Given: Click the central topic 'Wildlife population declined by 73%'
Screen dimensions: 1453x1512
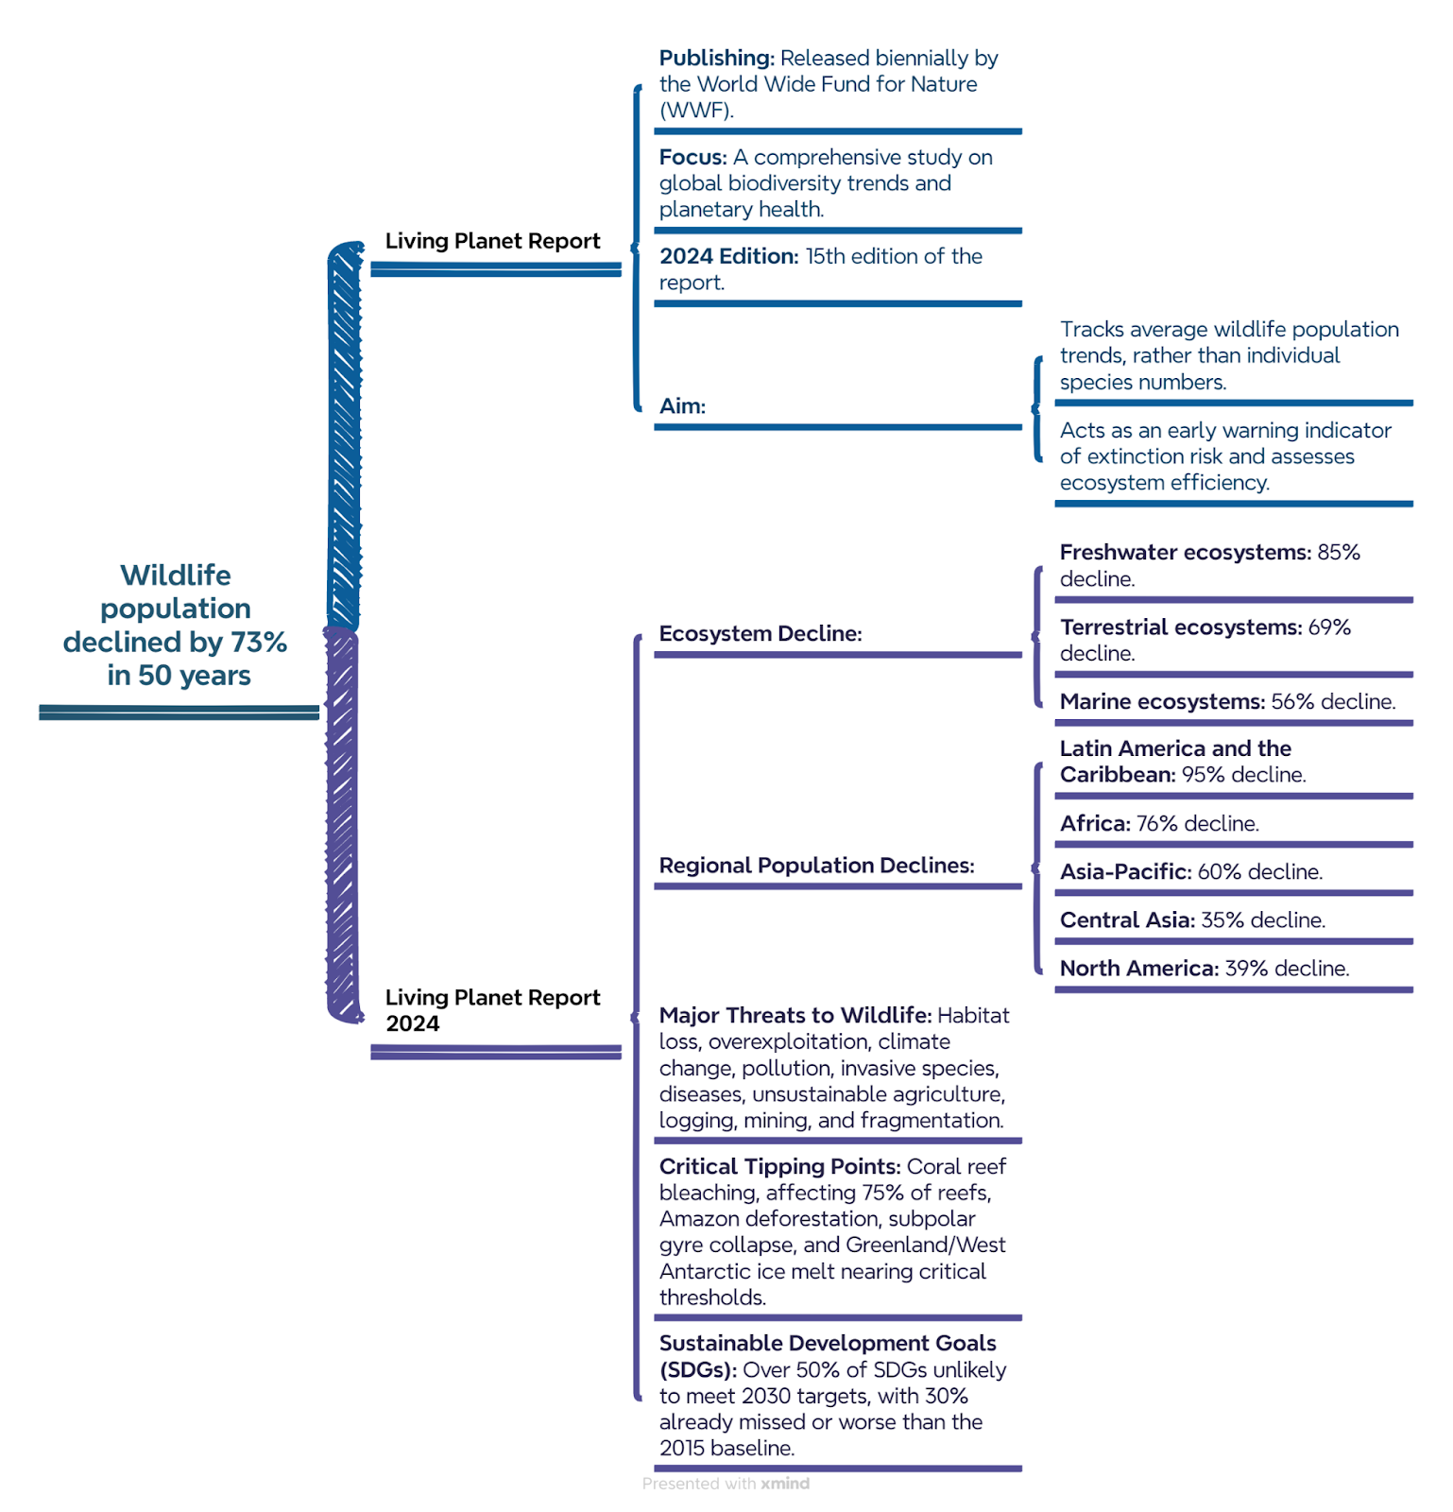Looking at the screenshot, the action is point(176,625).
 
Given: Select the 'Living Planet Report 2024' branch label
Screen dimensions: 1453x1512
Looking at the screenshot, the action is point(492,1010).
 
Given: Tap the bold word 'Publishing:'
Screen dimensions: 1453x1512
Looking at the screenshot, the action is point(717,58).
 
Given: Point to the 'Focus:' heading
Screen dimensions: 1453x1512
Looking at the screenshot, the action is point(693,157).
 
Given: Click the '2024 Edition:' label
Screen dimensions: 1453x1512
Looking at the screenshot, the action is point(729,256).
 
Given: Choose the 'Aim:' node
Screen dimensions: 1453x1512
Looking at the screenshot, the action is point(682,406).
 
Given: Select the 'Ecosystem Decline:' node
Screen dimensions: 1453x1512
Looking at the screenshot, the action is point(761,633).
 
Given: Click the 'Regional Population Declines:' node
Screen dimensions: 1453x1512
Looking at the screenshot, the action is point(816,866).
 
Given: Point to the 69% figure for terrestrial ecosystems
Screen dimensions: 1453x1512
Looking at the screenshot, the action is point(1329,627).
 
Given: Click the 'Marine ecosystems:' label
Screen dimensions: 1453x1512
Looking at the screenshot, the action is point(1162,701).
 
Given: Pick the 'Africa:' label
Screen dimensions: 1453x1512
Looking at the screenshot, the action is point(1095,823).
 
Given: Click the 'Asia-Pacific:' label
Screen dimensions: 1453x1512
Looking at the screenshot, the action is point(1125,871).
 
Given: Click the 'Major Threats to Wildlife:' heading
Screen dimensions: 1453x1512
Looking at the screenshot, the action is point(795,1015).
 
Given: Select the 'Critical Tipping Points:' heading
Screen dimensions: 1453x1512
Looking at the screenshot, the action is point(779,1167).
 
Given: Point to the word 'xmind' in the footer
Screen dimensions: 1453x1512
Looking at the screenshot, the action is point(785,1484).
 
